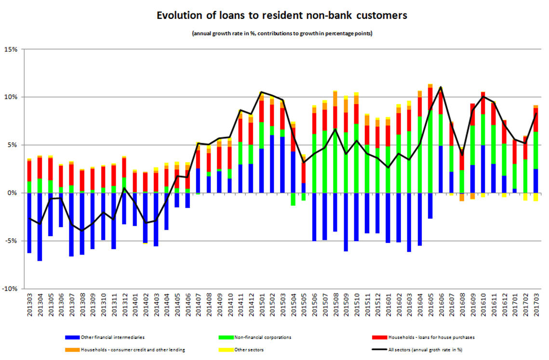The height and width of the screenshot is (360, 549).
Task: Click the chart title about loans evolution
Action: pyautogui.click(x=282, y=15)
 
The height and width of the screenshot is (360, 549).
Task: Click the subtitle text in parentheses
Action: pyautogui.click(x=282, y=33)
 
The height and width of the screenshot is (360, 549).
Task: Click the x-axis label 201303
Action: pyautogui.click(x=30, y=306)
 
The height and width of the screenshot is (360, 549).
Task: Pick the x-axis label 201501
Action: pyautogui.click(x=261, y=306)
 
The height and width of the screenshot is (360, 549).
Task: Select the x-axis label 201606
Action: pyautogui.click(x=440, y=306)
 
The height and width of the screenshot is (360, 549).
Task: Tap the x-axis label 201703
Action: pyautogui.click(x=535, y=306)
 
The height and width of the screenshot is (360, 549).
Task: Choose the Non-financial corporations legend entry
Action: pyautogui.click(x=262, y=337)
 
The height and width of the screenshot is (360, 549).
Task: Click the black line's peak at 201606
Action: pyautogui.click(x=440, y=87)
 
